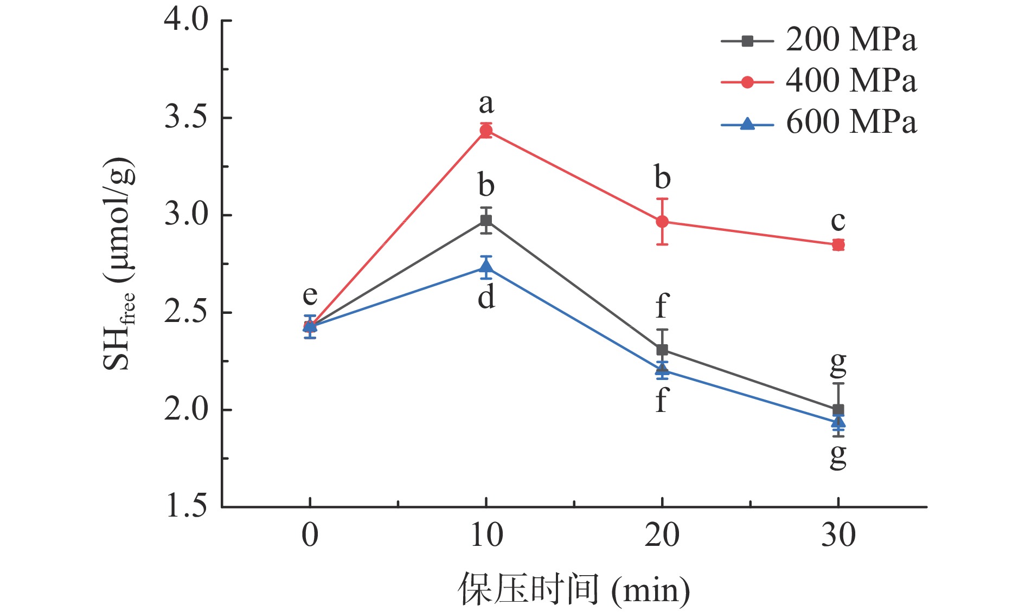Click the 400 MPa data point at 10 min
[486, 131]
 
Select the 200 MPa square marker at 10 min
[486, 221]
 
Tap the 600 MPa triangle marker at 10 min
[486, 267]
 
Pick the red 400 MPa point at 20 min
[662, 222]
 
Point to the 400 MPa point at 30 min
[838, 244]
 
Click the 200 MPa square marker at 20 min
[662, 350]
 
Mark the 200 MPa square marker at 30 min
[838, 410]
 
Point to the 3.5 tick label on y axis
[186, 118]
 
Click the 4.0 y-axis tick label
[186, 21]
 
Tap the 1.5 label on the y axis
[186, 507]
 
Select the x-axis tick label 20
[662, 536]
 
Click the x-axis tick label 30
[838, 536]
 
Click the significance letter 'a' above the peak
[486, 104]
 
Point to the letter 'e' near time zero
[310, 296]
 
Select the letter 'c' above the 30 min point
[838, 221]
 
